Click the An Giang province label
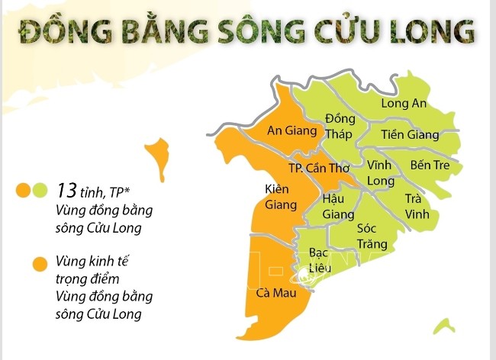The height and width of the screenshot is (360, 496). (291, 130)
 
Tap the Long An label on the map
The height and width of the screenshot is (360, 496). (404, 104)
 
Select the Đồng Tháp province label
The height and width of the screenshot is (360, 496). (340, 127)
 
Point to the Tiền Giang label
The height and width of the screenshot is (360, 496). (411, 135)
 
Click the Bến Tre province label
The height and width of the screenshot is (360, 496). (430, 165)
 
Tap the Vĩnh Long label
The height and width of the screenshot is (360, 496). (380, 173)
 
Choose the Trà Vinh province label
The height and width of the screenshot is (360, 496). (417, 206)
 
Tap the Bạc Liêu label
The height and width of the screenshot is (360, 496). (318, 259)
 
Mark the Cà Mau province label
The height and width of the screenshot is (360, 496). (271, 292)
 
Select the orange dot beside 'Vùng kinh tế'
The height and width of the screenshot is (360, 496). (38, 264)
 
